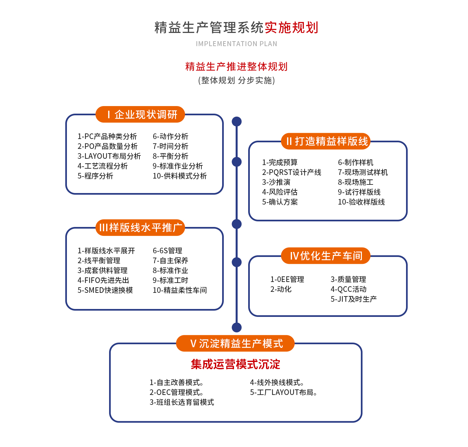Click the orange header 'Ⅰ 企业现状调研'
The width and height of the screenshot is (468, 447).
click(x=140, y=114)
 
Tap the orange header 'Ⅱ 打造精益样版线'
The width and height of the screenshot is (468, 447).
click(x=326, y=141)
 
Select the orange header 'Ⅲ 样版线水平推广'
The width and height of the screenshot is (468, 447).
click(x=140, y=228)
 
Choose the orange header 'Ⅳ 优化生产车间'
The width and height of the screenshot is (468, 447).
click(x=326, y=256)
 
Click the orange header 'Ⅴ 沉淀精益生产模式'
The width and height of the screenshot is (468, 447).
click(x=235, y=344)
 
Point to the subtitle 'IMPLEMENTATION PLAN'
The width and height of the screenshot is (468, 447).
click(x=236, y=44)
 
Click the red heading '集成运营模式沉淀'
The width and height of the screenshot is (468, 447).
click(x=235, y=364)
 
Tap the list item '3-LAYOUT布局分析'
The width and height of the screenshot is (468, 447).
click(x=109, y=156)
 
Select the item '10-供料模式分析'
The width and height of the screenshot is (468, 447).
click(x=180, y=176)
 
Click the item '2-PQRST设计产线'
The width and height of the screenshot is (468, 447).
click(x=291, y=172)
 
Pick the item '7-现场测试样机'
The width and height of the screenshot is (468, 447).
click(x=363, y=172)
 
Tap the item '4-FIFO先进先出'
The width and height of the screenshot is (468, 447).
click(x=103, y=280)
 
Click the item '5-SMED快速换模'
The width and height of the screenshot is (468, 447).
click(x=105, y=290)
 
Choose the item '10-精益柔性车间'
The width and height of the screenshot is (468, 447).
click(x=180, y=290)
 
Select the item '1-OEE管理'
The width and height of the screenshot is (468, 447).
click(x=287, y=279)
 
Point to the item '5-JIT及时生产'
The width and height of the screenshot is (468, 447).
click(x=354, y=299)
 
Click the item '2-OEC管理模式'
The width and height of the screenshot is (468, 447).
click(x=176, y=392)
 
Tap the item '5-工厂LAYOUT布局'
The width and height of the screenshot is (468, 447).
click(x=283, y=392)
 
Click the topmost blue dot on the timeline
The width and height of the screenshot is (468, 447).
click(x=237, y=122)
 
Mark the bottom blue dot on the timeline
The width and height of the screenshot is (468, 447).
click(x=237, y=327)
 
